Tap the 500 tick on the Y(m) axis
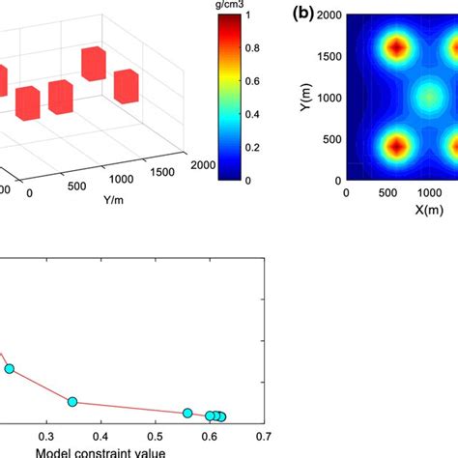(331, 138)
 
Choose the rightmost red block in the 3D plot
(128, 85)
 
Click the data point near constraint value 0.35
(72, 401)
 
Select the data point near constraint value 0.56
(187, 413)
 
